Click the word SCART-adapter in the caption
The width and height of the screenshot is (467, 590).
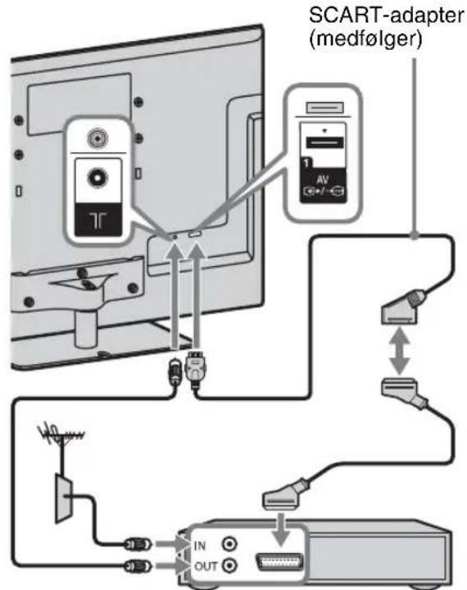click(387, 16)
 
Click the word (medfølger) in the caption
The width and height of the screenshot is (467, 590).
click(365, 39)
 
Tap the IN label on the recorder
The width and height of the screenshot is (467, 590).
click(200, 545)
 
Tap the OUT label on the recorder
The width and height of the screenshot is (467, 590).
click(206, 566)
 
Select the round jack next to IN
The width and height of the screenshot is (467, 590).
click(229, 543)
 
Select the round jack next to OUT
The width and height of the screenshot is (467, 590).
click(229, 565)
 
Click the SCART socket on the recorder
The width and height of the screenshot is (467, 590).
click(279, 562)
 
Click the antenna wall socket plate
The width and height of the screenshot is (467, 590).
click(63, 498)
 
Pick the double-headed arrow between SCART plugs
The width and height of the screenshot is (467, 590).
click(400, 351)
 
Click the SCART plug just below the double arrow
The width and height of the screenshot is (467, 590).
click(404, 394)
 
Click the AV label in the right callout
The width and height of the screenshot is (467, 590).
click(322, 179)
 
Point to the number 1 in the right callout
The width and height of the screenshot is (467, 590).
click(306, 163)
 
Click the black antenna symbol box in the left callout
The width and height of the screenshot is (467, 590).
click(98, 220)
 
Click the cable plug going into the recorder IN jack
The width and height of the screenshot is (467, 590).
click(138, 544)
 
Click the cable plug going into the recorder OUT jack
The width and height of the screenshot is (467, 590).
click(138, 565)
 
